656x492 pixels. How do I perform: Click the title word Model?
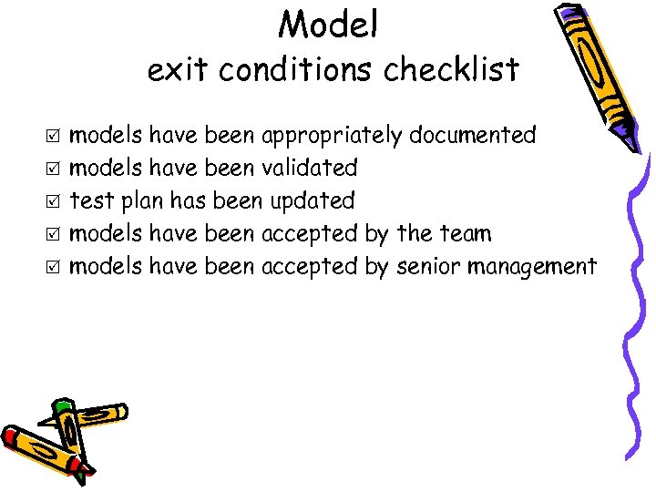[x=328, y=25]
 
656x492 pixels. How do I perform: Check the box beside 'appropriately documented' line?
[x=54, y=137]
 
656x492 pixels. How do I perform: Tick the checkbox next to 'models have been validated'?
[x=54, y=169]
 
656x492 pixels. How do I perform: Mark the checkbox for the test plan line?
[x=54, y=202]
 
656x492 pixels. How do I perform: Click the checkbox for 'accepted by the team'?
[x=54, y=235]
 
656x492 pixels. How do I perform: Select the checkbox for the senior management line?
[x=54, y=268]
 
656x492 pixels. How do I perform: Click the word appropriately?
[x=332, y=137]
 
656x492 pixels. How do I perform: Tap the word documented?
[x=472, y=136]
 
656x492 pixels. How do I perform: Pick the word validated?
[x=309, y=169]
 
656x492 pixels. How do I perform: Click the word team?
[x=466, y=234]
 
